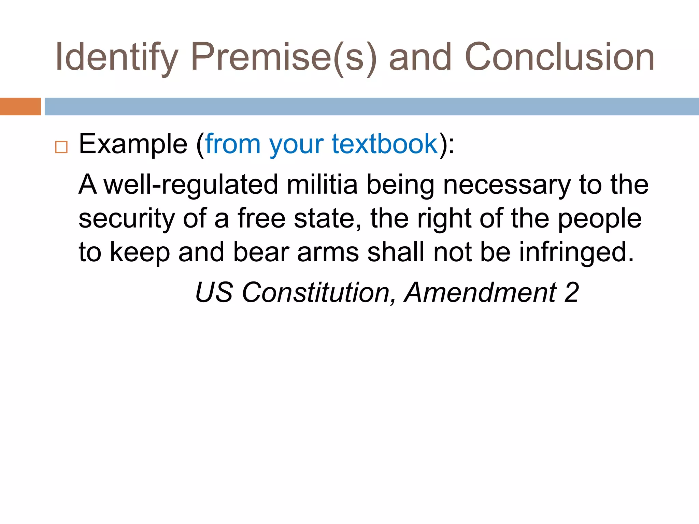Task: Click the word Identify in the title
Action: pos(116,57)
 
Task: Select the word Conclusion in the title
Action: pos(559,57)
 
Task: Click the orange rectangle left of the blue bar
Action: pos(20,106)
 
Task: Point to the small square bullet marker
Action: pos(61,147)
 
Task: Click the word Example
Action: pos(133,144)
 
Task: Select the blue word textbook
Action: pos(385,144)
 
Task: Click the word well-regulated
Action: pos(191,185)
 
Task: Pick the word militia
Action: pos(322,184)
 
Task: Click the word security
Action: pos(127,219)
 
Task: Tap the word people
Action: pos(600,219)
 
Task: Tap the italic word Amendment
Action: pos(481,292)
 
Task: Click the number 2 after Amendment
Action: pos(571,292)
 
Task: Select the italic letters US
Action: pos(214,292)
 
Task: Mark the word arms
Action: pos(328,252)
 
